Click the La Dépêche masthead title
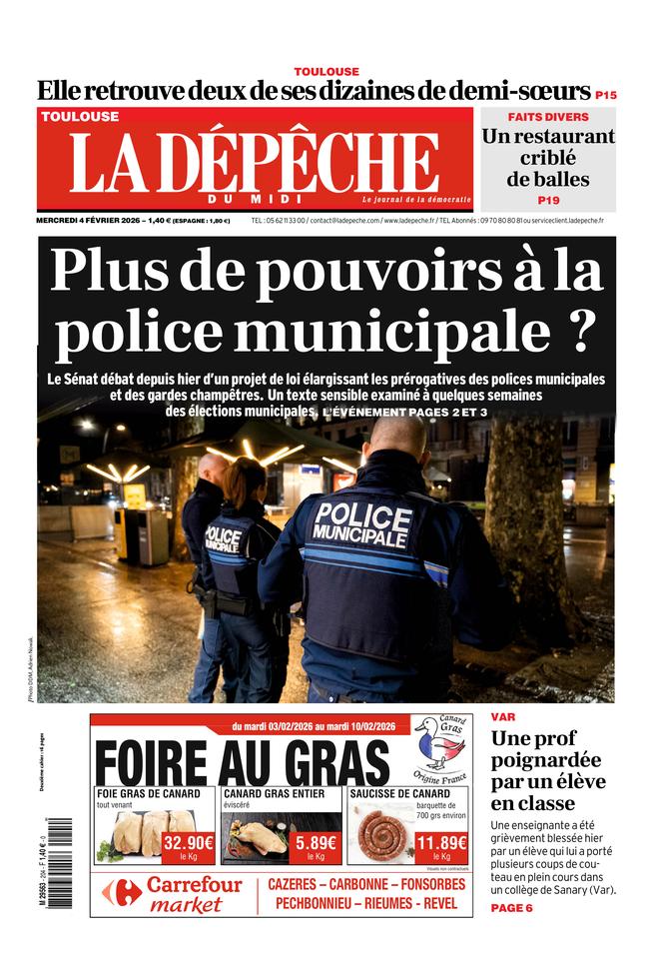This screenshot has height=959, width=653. pos(255,163)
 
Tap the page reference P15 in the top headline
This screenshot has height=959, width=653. pos(605,95)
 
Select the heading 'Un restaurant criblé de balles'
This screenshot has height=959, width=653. pos(547,159)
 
